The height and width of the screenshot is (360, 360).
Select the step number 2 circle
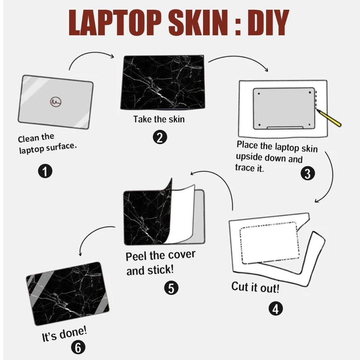(160, 137)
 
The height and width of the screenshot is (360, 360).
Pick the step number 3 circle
(307, 174)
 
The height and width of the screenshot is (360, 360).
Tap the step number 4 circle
(275, 308)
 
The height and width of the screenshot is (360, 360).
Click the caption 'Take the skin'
(159, 119)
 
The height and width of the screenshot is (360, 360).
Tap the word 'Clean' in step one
(28, 139)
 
